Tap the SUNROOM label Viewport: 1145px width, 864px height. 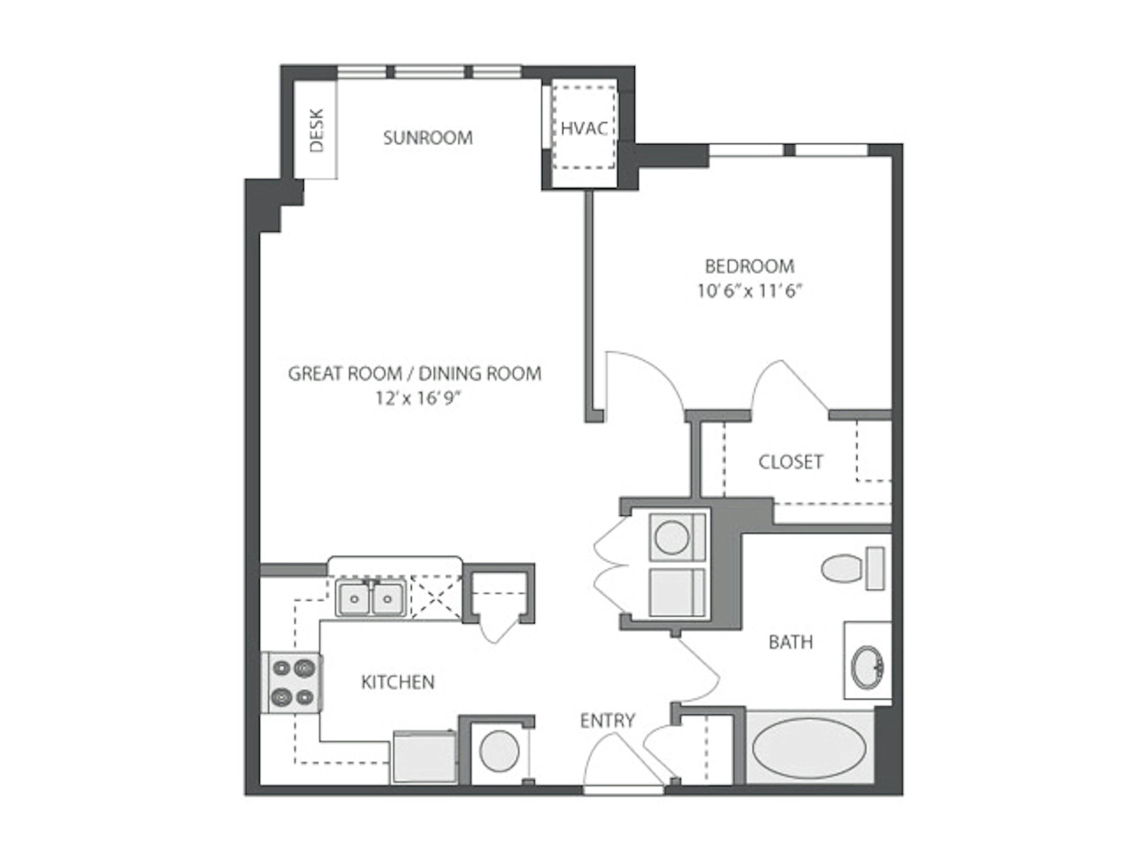[x=428, y=138]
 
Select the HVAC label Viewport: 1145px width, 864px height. [x=584, y=128]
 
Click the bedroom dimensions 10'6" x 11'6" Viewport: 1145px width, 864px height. [x=749, y=291]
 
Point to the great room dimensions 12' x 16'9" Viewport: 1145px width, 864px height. [x=417, y=398]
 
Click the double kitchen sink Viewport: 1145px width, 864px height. [x=371, y=598]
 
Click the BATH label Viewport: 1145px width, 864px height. [x=790, y=642]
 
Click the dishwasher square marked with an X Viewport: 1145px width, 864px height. [x=436, y=597]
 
